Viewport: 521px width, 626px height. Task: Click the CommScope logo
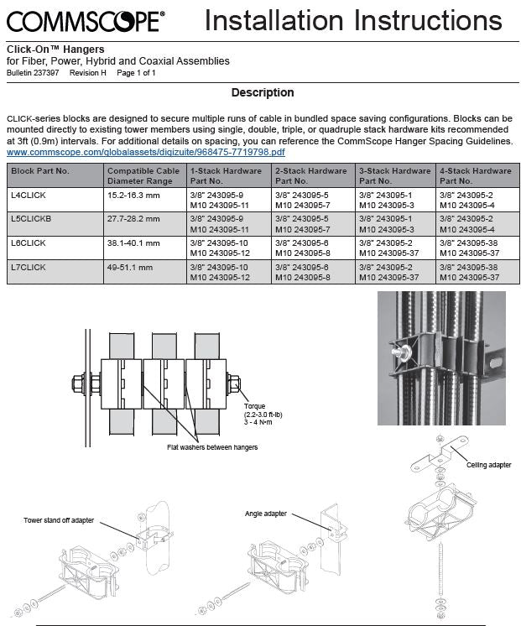[x=86, y=21]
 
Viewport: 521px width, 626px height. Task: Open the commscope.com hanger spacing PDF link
[x=146, y=152]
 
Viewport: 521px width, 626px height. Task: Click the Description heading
[x=263, y=92]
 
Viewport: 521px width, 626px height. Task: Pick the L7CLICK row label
[x=29, y=267]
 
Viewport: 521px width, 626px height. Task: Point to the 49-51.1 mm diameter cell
[x=130, y=267]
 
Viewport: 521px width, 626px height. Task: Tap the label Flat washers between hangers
[x=212, y=447]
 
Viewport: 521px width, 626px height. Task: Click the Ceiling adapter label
[x=488, y=465]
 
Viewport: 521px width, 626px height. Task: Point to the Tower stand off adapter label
[x=59, y=520]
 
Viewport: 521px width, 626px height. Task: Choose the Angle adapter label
[x=266, y=514]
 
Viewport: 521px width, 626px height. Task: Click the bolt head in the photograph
[x=398, y=354]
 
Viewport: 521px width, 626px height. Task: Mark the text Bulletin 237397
[x=33, y=73]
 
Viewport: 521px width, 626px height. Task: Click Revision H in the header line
[x=88, y=73]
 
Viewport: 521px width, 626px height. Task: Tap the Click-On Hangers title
[x=55, y=50]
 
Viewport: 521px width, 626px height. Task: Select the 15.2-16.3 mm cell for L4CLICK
[x=133, y=196]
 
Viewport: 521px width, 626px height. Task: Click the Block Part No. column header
[x=40, y=171]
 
